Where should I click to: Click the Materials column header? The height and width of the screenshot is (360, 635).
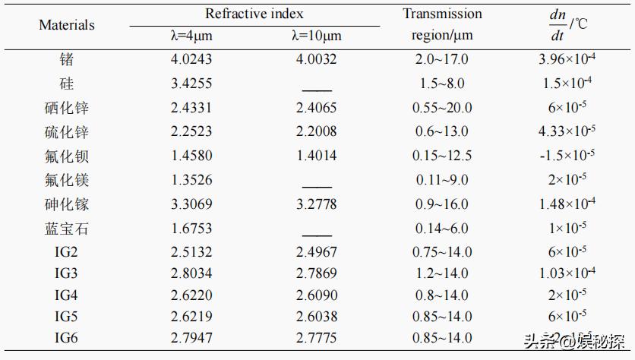[67, 25]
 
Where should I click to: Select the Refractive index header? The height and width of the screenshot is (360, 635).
[254, 14]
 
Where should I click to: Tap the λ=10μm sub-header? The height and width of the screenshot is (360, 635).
[316, 36]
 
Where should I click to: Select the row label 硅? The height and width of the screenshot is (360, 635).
[67, 84]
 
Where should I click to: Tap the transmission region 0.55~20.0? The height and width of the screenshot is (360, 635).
[442, 108]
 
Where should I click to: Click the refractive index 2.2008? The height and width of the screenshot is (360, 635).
[316, 132]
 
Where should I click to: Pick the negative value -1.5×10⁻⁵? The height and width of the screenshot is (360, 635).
[566, 156]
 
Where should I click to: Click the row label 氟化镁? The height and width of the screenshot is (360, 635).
[67, 180]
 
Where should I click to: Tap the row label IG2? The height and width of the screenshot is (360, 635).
[67, 252]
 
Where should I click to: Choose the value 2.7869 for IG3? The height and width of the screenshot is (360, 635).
[316, 276]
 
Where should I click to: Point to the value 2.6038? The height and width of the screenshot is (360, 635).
[316, 317]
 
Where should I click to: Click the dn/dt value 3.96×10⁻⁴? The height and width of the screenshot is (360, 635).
[566, 59]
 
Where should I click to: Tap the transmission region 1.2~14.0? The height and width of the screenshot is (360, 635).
[442, 276]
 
